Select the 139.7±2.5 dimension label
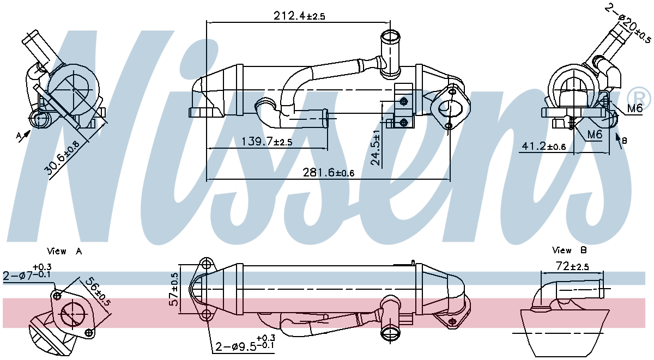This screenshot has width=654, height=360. point(267,142)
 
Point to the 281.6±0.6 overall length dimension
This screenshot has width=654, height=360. point(329,173)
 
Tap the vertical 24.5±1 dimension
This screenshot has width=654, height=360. point(376,147)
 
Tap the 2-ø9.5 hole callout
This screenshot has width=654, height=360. point(245,344)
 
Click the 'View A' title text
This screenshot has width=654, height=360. point(64,251)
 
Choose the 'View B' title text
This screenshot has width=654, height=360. point(569,251)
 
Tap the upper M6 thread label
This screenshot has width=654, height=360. point(634,108)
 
